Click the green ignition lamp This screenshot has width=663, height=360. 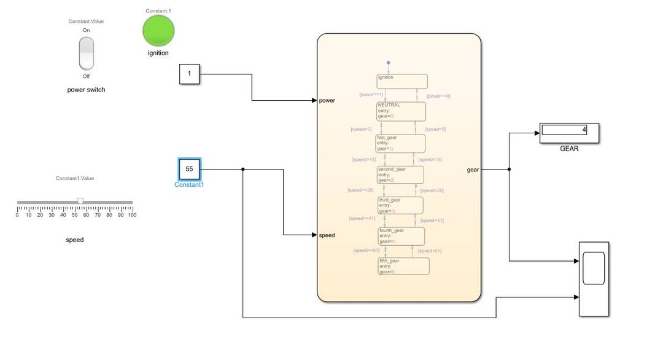click(x=158, y=31)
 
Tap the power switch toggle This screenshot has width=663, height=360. click(x=87, y=53)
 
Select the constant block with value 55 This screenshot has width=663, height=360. click(x=189, y=168)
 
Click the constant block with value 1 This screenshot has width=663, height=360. click(x=189, y=74)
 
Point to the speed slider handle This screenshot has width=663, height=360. click(x=80, y=201)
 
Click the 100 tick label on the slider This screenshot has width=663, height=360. click(x=132, y=215)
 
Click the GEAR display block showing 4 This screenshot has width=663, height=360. click(x=569, y=133)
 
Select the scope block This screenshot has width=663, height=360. click(x=594, y=279)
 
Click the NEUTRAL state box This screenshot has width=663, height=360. click(x=401, y=111)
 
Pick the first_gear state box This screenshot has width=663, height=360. click(x=400, y=143)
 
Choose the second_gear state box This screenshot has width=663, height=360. click(x=400, y=174)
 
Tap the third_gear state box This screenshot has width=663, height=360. click(x=400, y=205)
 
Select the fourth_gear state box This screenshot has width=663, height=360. click(x=401, y=236)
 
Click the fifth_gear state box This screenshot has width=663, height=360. click(x=403, y=266)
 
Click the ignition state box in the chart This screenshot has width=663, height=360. click(x=402, y=82)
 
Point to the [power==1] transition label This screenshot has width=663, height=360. click(x=371, y=95)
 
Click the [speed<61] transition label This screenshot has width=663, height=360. click(x=430, y=251)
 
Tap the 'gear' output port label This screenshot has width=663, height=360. click(x=473, y=170)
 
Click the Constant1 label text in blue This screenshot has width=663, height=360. click(x=189, y=184)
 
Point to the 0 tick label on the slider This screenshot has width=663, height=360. click(x=17, y=215)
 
